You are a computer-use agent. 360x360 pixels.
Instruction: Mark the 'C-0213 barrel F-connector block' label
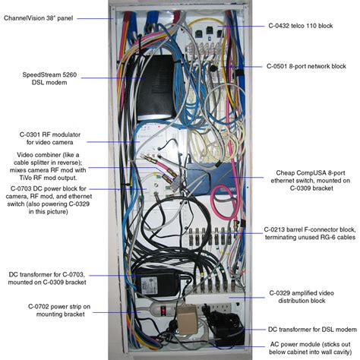point(311,232)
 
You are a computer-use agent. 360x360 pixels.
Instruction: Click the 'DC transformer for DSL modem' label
point(311,329)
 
